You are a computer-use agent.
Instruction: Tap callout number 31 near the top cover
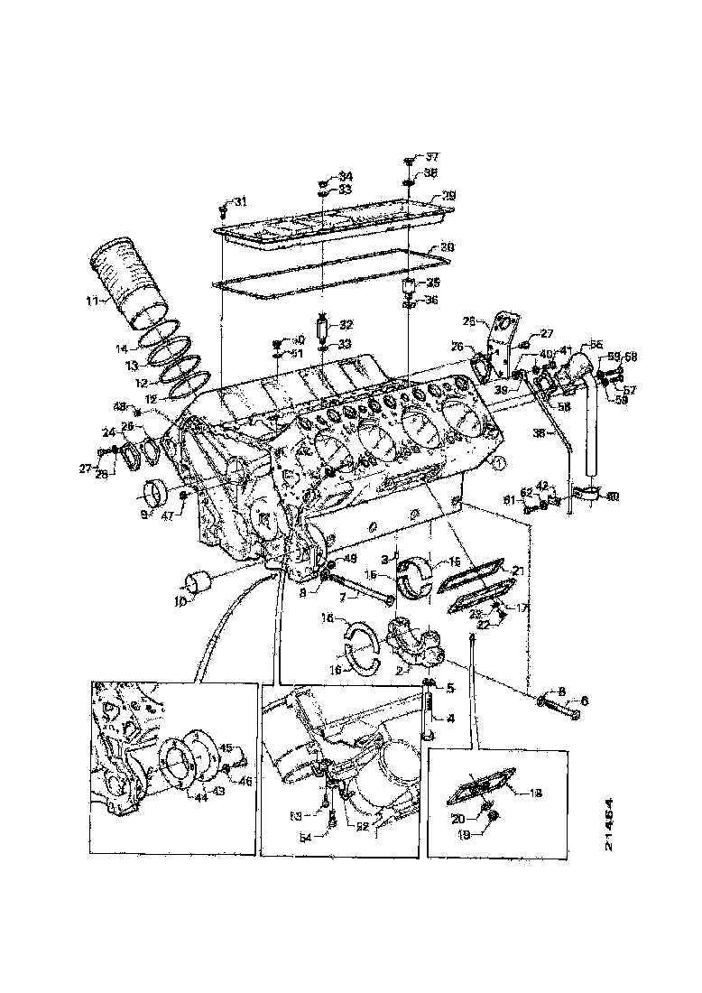239,201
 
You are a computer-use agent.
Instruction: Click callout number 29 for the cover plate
448,195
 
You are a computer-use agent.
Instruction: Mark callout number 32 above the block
346,324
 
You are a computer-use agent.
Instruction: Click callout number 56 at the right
596,344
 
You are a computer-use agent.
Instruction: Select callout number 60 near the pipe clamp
612,496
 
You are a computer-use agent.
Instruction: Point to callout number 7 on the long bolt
342,599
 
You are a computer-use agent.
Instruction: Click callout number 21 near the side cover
517,571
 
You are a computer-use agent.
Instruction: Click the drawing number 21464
610,823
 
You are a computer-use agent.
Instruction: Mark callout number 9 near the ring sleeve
143,515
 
